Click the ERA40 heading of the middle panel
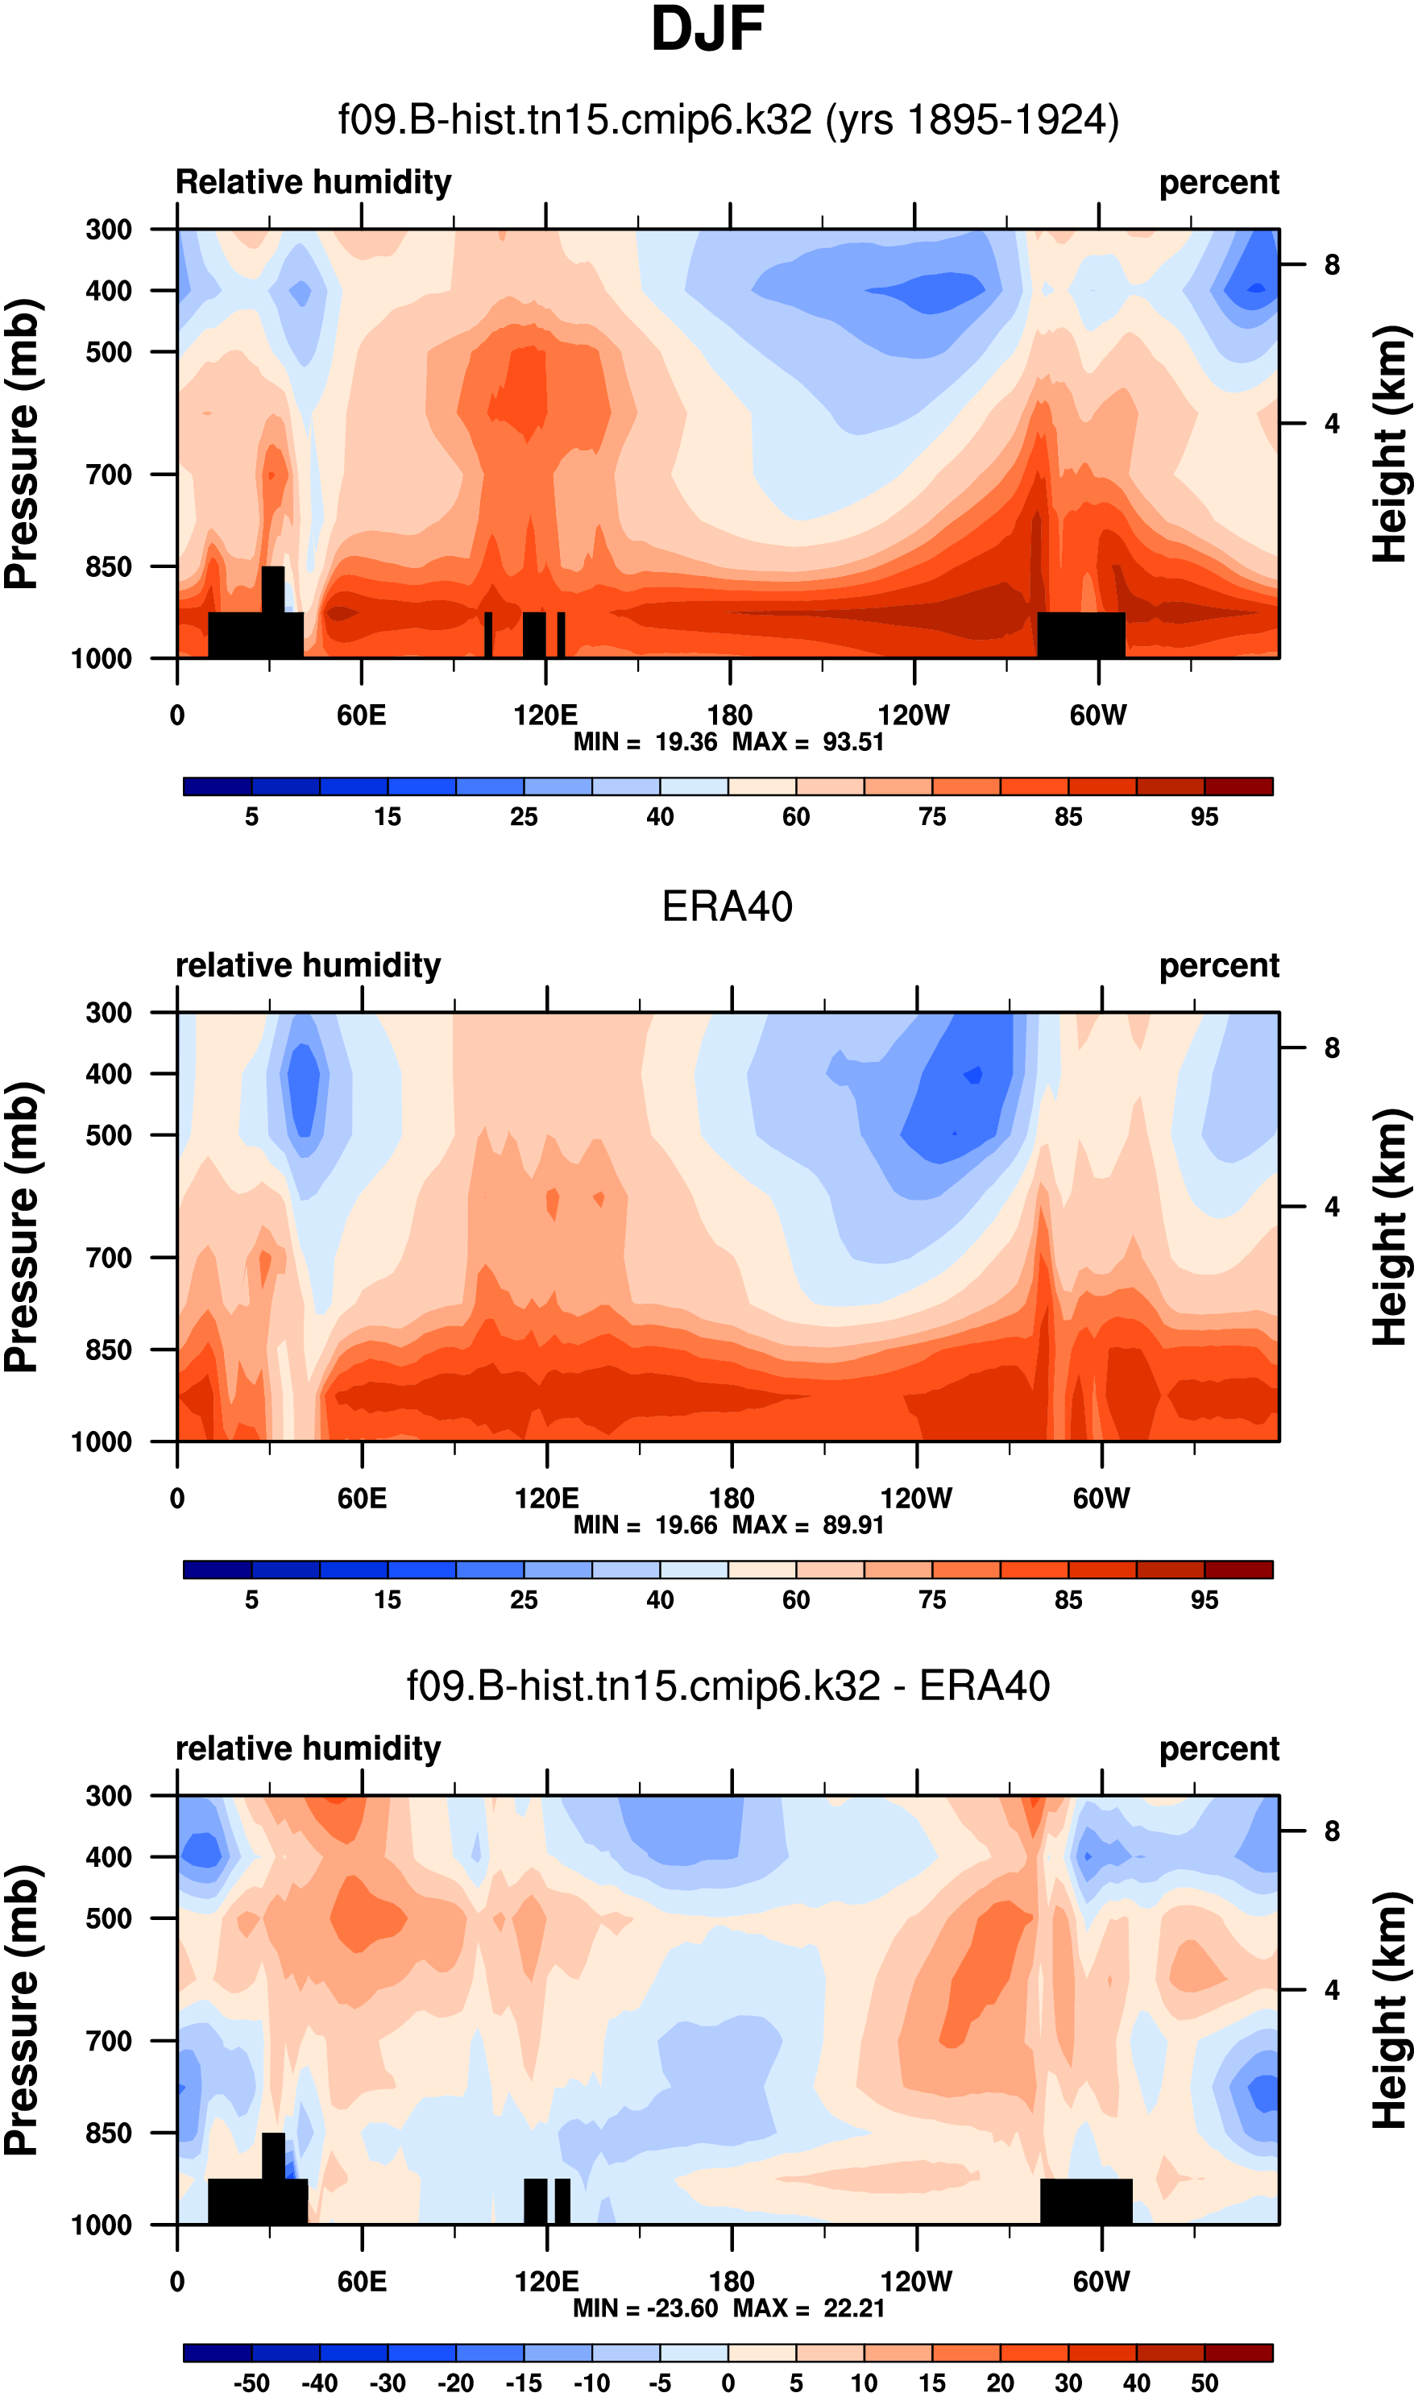coord(728,906)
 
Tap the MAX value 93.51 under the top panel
coord(852,742)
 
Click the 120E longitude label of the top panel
coord(545,715)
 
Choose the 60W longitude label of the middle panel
coord(1101,1498)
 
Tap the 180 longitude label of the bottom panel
coord(731,2282)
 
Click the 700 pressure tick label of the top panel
coord(109,475)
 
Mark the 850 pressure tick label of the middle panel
coord(109,1350)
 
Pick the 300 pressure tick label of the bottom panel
coord(109,1796)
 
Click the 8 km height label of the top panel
coord(1331,264)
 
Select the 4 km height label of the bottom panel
coord(1331,1990)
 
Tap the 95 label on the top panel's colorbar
coord(1204,817)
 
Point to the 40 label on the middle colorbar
coord(659,1600)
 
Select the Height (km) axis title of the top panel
coord(1391,444)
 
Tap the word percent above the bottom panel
coord(1218,1749)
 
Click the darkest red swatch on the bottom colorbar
coord(1238,2352)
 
